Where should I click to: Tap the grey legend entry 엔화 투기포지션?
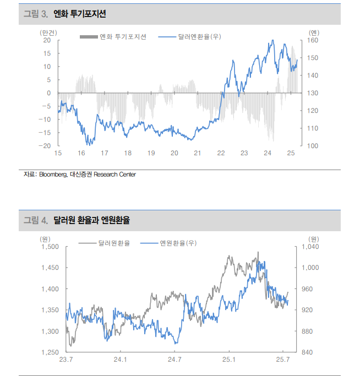[123, 37]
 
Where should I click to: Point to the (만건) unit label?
[48, 32]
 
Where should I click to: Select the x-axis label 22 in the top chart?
[221, 154]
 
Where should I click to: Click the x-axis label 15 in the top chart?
[57, 154]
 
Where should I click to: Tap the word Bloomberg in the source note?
[53, 175]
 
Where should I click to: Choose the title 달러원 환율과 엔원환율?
[91, 220]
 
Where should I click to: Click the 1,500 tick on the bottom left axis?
[50, 247]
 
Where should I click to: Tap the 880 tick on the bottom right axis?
[308, 331]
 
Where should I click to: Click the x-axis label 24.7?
[174, 360]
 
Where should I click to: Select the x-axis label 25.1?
[228, 360]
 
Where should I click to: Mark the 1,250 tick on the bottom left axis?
[50, 352]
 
